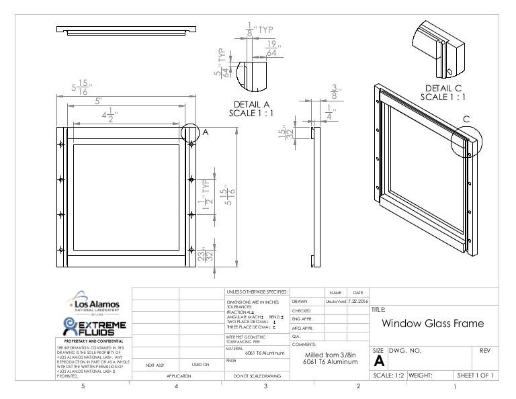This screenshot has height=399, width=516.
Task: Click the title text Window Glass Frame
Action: tap(433, 324)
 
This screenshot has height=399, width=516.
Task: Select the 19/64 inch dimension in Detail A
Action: tap(271, 47)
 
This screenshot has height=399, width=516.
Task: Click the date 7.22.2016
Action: tap(357, 303)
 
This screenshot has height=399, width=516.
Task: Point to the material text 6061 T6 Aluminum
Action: tap(264, 352)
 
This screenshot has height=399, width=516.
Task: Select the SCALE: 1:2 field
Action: tap(387, 376)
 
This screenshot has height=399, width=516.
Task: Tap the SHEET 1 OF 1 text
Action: tap(475, 376)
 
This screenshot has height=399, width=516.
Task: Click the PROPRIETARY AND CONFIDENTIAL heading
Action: tap(93, 341)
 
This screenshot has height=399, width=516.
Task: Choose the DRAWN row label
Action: tap(300, 303)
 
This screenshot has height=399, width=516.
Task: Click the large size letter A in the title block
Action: tap(378, 363)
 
